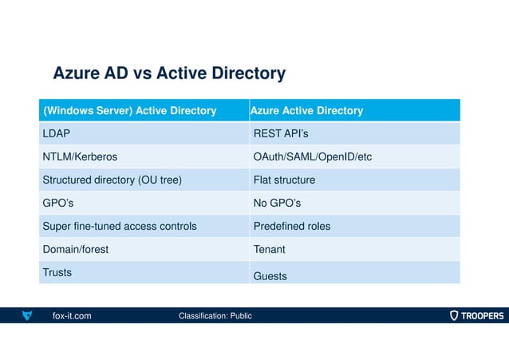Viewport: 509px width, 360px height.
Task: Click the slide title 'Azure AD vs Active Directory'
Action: [x=168, y=74]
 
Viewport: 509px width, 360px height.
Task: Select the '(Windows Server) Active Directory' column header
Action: [x=129, y=111]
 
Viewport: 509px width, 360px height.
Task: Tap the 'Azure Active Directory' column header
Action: [x=307, y=111]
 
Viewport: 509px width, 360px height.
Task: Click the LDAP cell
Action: [x=57, y=134]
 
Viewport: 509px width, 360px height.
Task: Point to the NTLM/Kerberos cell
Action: [x=80, y=157]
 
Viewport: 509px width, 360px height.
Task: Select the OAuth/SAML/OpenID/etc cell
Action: [x=312, y=157]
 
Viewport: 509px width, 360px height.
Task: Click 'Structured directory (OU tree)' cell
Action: [x=112, y=180]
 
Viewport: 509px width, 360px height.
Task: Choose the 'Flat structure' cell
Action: [x=284, y=180]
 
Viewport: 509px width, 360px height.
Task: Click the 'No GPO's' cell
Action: [x=278, y=204]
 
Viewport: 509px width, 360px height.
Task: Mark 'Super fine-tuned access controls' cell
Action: [x=119, y=227]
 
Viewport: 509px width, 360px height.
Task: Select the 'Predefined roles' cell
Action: [x=291, y=227]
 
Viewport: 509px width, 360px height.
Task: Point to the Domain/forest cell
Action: [x=75, y=250]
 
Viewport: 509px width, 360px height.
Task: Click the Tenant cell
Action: [x=269, y=250]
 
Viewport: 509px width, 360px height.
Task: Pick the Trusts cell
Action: [x=57, y=272]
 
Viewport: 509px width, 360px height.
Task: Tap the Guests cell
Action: [x=270, y=276]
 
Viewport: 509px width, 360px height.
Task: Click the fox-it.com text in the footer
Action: [x=72, y=316]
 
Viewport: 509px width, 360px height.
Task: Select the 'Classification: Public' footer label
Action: [x=215, y=316]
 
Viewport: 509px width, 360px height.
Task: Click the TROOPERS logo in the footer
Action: [x=476, y=316]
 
